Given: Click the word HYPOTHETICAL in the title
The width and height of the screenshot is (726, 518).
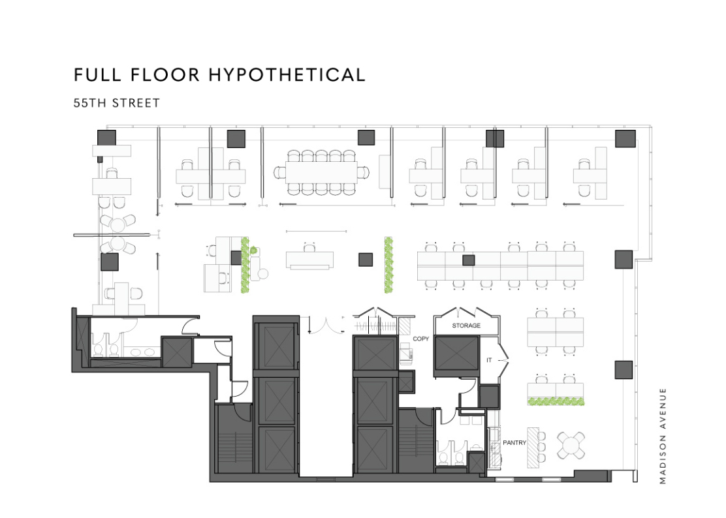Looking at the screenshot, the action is (x=287, y=75).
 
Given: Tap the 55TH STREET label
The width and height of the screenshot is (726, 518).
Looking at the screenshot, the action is (x=117, y=103).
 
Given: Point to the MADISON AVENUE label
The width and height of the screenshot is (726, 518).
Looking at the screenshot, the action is (x=663, y=436).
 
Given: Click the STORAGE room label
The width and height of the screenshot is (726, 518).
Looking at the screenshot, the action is (x=466, y=326).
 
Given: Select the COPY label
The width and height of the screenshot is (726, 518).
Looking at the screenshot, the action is (x=421, y=339).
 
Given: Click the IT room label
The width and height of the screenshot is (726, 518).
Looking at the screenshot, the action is (x=489, y=360).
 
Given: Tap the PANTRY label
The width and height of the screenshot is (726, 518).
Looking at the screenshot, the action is (x=514, y=442).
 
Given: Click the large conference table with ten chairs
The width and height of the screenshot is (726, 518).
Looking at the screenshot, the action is (x=321, y=172).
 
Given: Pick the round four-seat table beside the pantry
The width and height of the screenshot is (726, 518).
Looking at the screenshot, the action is (x=571, y=446).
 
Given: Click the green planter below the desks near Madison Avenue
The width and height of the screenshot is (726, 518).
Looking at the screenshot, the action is (x=556, y=401).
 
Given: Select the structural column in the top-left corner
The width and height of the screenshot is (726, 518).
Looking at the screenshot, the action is (x=106, y=138).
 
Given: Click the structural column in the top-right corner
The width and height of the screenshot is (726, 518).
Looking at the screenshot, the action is (x=625, y=139).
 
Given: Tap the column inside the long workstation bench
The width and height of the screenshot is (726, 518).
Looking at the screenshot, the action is (x=469, y=260).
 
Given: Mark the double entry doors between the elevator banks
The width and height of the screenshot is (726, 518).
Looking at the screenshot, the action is (x=326, y=326).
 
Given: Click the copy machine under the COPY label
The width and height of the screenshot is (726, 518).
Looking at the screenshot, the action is (x=406, y=354).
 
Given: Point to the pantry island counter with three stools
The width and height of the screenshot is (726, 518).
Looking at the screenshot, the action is (x=533, y=448).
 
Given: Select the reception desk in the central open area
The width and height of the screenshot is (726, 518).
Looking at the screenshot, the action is (x=309, y=260).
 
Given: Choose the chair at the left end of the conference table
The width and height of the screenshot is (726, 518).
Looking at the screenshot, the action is (x=279, y=172).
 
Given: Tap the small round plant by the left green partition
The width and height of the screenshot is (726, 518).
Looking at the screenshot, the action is (x=253, y=251).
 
